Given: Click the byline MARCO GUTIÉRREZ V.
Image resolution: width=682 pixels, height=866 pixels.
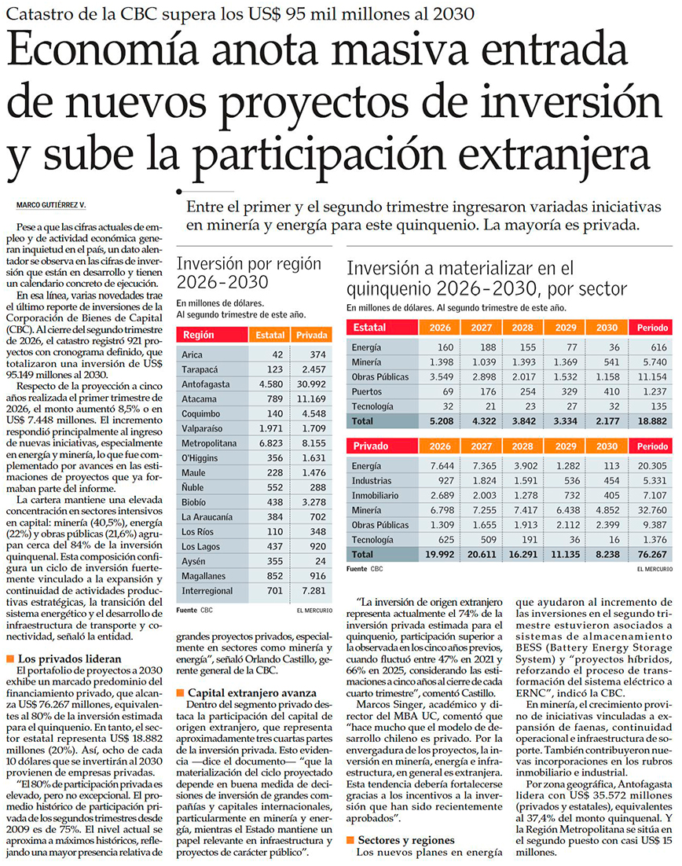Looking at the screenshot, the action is [x=51, y=205].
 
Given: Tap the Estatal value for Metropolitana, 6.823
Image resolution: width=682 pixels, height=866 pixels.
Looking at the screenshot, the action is [x=270, y=443].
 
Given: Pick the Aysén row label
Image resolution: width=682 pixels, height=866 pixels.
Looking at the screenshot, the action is [x=193, y=562].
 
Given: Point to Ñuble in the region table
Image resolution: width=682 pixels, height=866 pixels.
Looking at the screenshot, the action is [x=192, y=487].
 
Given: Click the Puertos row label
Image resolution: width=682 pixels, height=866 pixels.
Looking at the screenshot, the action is [x=367, y=391].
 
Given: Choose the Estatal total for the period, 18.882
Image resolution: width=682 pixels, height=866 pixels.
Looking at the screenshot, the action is [x=652, y=421].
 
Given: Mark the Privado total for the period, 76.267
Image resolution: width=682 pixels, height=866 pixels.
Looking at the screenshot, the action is [x=652, y=555].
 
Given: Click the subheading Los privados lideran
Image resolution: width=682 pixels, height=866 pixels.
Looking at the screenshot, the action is [x=70, y=659].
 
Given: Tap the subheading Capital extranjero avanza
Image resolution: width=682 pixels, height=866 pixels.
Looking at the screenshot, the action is [x=252, y=692].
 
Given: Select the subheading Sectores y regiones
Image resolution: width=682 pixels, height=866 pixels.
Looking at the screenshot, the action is [x=406, y=840].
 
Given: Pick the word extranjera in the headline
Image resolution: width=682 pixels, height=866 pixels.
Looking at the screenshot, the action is [x=554, y=157].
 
